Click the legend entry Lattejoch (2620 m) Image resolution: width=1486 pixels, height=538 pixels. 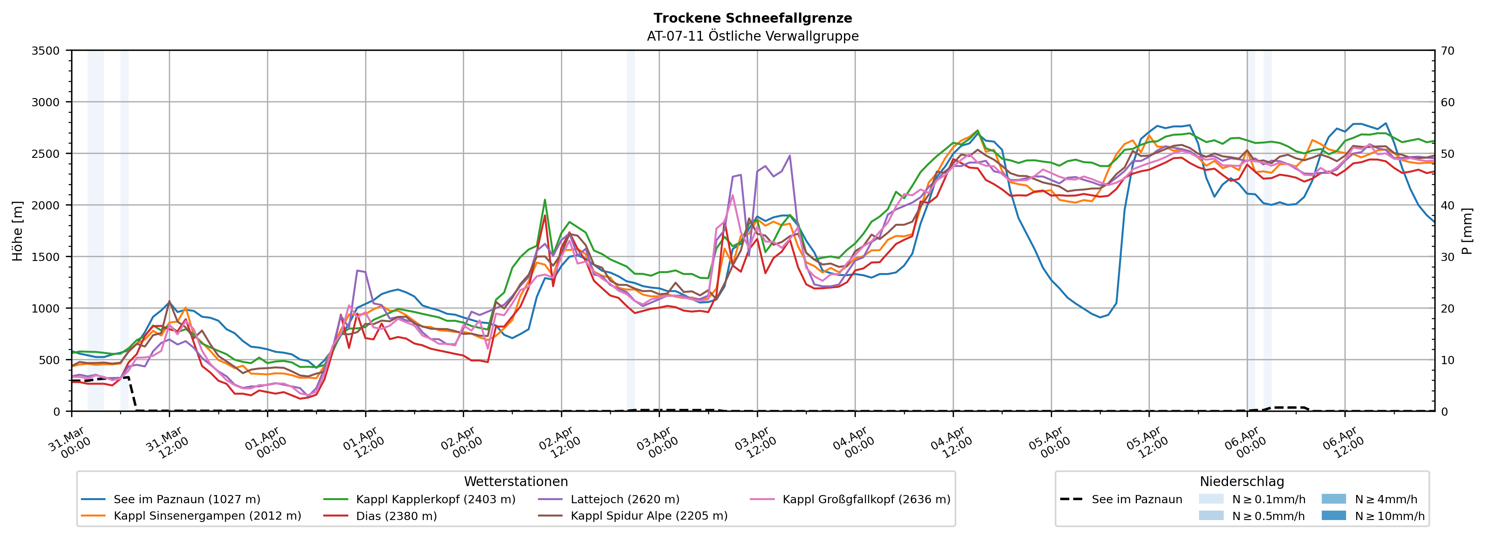point(625,499)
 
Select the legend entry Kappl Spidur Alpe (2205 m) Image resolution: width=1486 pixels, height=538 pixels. point(649,515)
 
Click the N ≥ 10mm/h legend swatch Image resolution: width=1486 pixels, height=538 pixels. point(1333,515)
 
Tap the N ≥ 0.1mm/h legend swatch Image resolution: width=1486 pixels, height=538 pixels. point(1211,499)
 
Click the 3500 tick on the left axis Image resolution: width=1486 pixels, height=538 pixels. point(46,51)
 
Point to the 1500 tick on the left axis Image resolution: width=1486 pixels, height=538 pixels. point(46,257)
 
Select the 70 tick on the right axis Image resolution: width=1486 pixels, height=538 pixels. point(1447,51)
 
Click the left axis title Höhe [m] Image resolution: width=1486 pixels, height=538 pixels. point(17,231)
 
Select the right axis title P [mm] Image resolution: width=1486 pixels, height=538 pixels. point(1467,231)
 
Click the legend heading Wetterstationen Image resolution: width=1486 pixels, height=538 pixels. point(516,481)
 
